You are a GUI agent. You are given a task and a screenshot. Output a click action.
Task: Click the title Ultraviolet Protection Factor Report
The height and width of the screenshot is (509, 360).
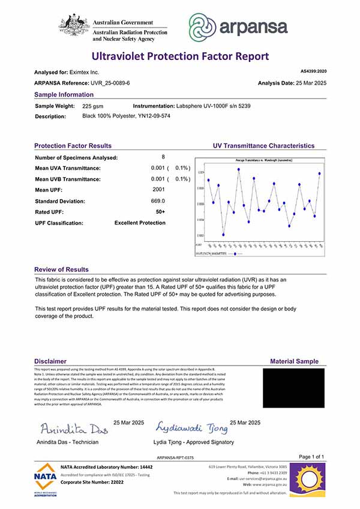[x=180, y=56]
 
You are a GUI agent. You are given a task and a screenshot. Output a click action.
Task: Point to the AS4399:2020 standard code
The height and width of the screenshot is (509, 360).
[x=312, y=71]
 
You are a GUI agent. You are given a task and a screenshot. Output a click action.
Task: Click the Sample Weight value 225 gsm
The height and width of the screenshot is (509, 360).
[x=93, y=106]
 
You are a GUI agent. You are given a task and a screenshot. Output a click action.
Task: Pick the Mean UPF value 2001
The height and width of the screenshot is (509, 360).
[x=159, y=190]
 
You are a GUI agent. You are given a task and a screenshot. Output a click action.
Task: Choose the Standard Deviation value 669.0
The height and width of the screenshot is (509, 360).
[x=158, y=200]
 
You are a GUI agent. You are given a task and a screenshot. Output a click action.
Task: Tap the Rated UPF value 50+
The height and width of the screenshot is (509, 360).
[x=160, y=212]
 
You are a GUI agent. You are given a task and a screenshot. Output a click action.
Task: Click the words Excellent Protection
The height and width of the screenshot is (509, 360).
[x=140, y=223]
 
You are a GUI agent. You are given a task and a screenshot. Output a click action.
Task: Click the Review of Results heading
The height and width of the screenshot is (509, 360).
[x=61, y=270]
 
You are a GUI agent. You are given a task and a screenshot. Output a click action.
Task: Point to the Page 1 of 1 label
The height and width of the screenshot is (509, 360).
[x=311, y=457]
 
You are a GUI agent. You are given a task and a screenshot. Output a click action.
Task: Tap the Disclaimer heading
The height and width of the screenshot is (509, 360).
[x=50, y=361]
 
